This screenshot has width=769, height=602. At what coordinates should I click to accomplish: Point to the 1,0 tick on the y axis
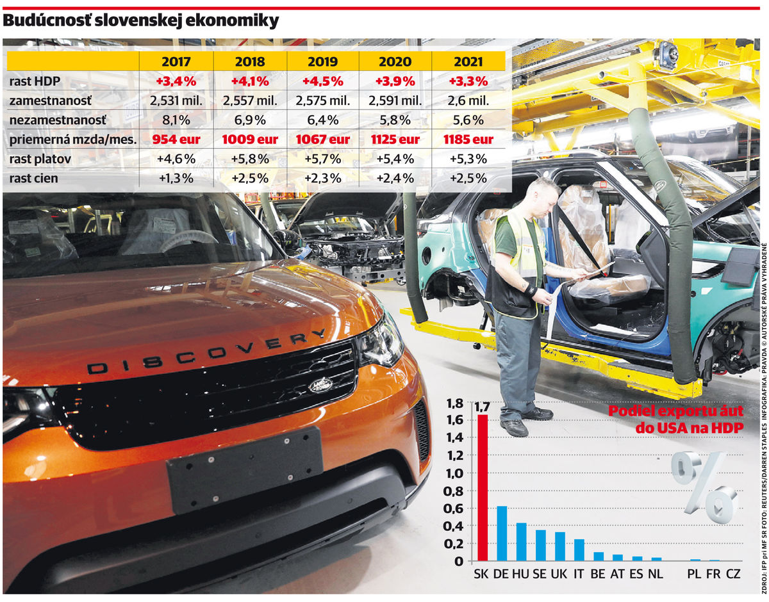454,474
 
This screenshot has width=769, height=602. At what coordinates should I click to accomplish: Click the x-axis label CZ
733,574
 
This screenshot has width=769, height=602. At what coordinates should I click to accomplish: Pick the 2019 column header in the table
323,62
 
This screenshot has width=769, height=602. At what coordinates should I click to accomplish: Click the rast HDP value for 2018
250,82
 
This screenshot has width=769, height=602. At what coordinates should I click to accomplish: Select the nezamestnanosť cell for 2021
468,120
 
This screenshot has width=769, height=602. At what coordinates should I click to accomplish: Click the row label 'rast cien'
34,178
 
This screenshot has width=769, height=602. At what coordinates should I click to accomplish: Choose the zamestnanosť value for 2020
395,101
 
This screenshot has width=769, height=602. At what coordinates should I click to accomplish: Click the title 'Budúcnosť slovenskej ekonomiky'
141,21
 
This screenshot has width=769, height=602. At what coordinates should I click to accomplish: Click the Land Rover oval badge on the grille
320,385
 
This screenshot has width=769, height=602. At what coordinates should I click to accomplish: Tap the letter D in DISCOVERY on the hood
97,368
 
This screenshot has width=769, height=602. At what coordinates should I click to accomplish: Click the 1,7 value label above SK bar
482,406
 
